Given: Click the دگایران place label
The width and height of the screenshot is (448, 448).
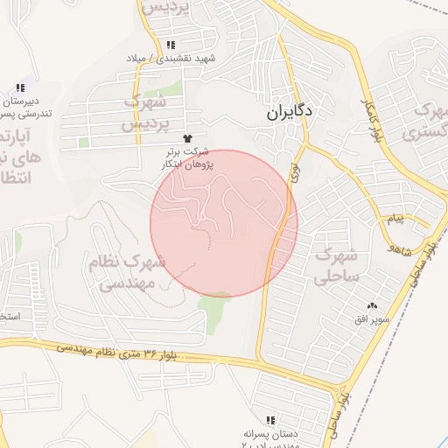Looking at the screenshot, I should (x=290, y=112).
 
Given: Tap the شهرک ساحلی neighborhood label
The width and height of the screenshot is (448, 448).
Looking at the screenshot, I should (x=335, y=266).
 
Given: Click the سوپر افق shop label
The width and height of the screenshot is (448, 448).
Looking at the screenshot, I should (x=373, y=318).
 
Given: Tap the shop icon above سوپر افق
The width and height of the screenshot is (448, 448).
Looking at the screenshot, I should (x=374, y=305).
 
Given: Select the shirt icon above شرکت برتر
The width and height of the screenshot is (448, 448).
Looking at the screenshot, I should (x=185, y=138).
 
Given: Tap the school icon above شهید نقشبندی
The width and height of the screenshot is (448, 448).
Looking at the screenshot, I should (x=171, y=44).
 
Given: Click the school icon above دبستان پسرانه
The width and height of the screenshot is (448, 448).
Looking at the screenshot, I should (x=270, y=420).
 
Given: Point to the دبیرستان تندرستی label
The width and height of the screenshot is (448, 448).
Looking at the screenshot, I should (x=19, y=107).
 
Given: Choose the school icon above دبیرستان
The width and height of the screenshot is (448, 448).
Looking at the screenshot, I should (x=19, y=87).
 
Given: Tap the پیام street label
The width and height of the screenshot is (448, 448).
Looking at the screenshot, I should (x=395, y=218).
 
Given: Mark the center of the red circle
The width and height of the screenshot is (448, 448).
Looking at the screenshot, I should (x=224, y=223).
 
